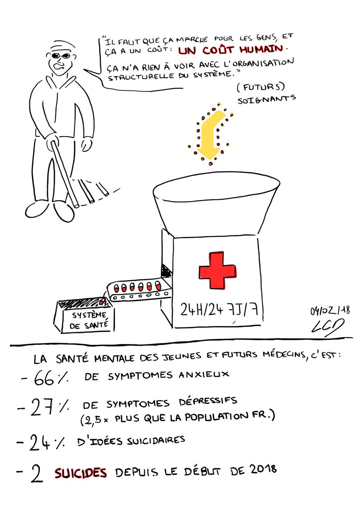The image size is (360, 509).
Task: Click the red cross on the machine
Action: (217, 271)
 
